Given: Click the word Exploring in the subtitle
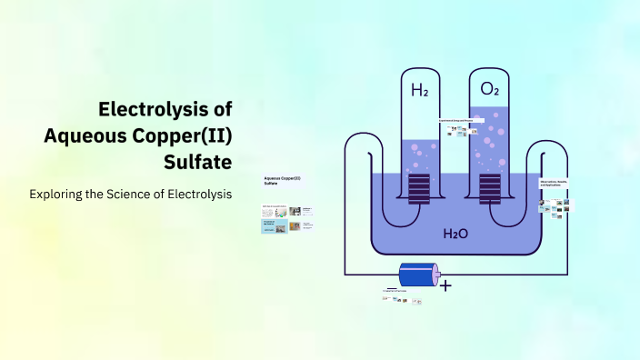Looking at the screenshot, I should [x=57, y=195].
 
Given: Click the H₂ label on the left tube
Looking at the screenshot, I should [x=419, y=90].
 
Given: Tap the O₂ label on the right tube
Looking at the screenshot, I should [x=489, y=90].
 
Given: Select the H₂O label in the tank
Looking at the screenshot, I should [x=455, y=234].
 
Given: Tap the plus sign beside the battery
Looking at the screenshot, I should [x=445, y=285].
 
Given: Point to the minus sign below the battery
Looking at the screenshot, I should [x=392, y=288].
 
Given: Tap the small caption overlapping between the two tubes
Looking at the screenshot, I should [x=463, y=120].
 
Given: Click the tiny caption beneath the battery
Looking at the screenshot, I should [x=398, y=291].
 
